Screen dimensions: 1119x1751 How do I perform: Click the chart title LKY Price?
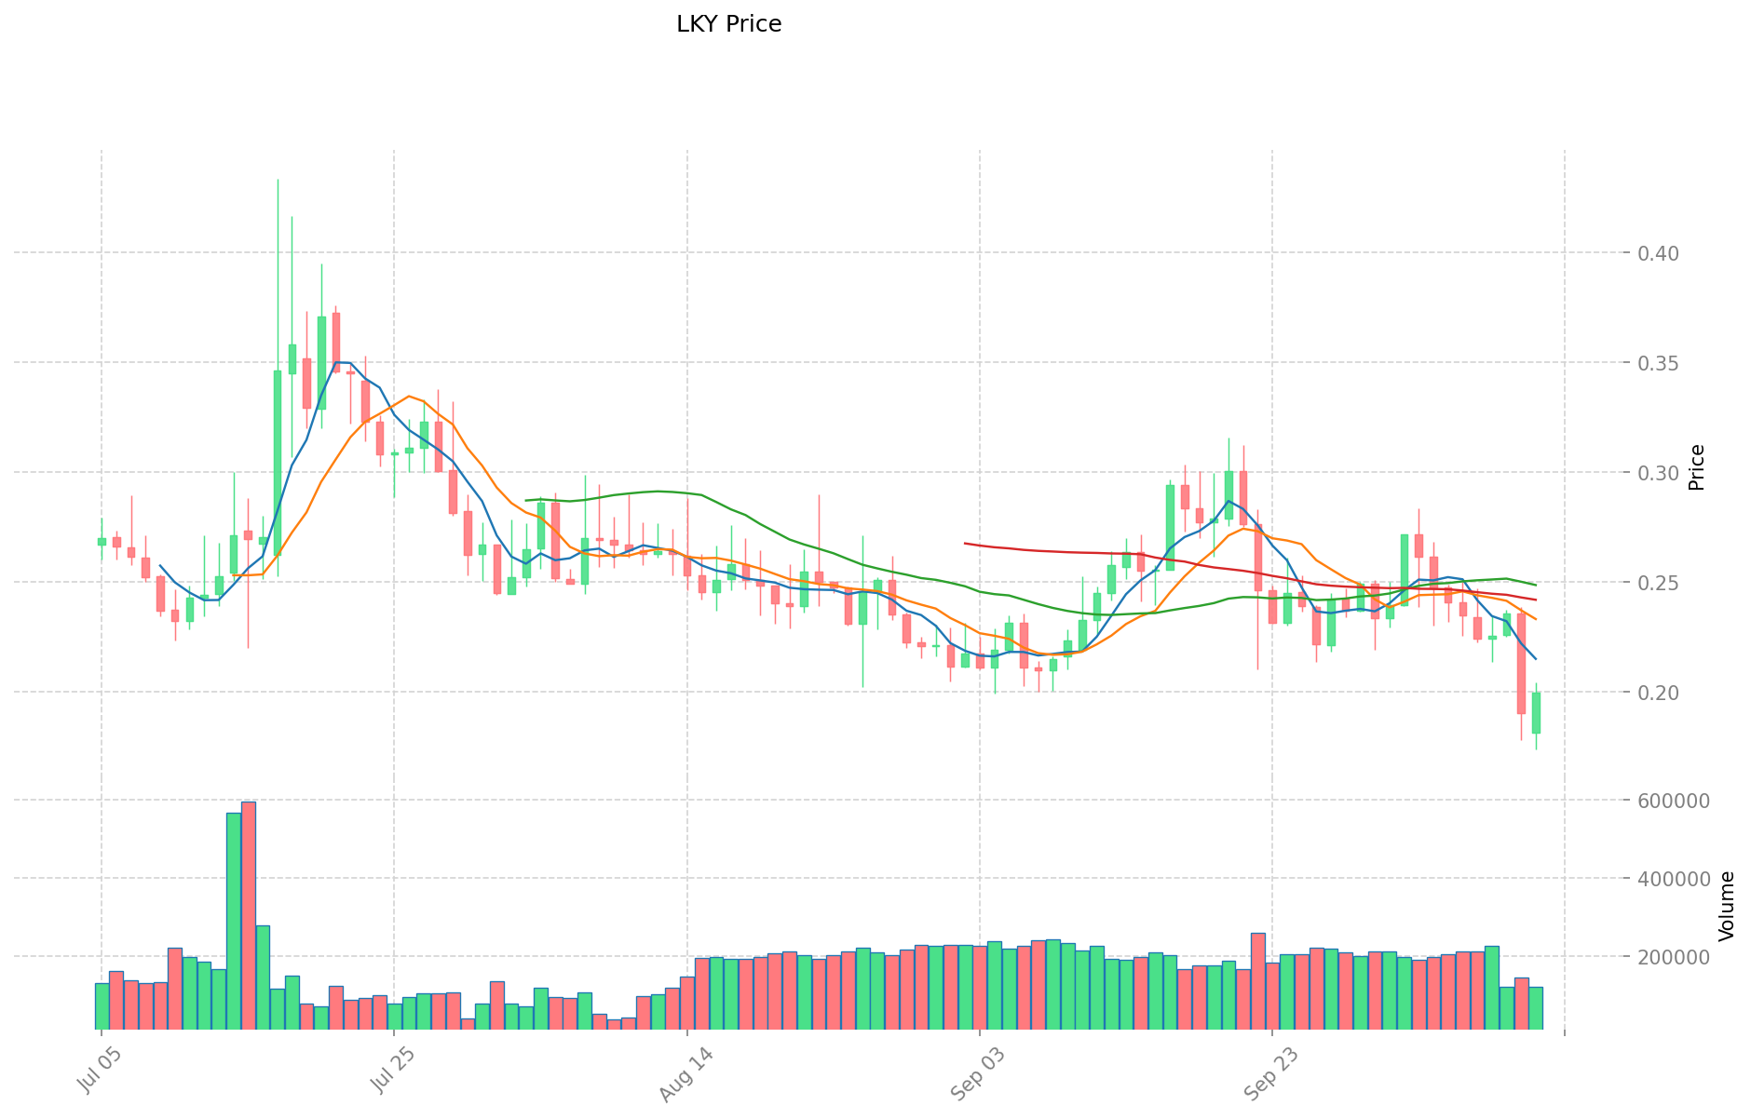(728, 25)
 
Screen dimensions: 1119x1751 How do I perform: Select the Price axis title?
(1697, 467)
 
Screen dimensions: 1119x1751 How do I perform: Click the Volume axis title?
(1727, 906)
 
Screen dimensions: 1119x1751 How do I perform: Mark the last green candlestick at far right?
(1536, 713)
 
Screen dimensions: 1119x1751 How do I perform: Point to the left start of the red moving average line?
(965, 543)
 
